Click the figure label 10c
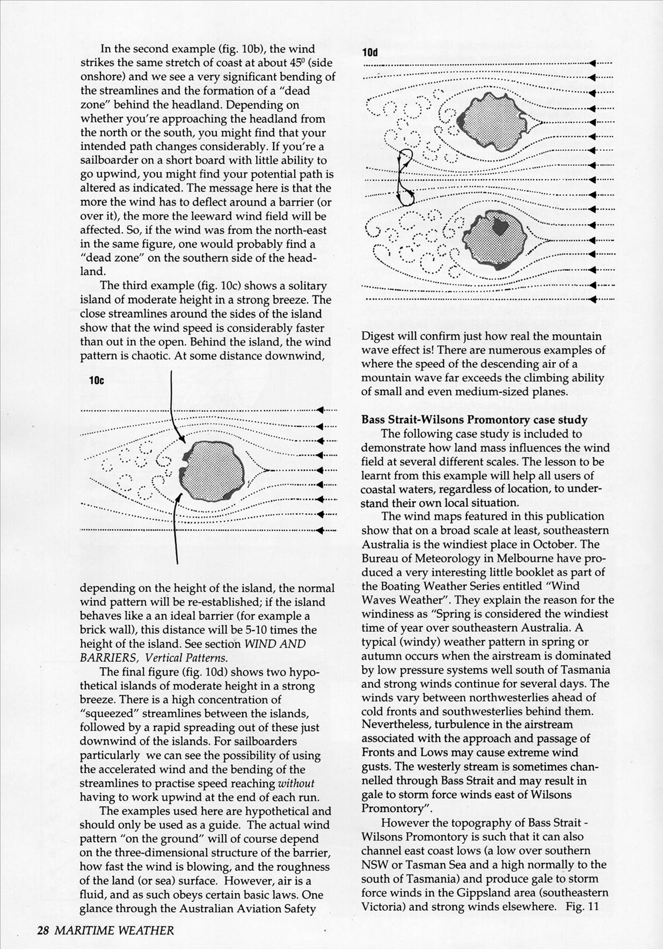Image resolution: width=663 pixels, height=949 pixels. pyautogui.click(x=97, y=381)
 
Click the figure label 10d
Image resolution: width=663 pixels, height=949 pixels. pyautogui.click(x=369, y=52)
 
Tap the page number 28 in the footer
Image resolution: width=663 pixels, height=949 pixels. pyautogui.click(x=43, y=930)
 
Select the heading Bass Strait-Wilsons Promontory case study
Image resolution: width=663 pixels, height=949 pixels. pyautogui.click(x=474, y=420)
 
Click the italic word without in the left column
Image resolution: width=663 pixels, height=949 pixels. pyautogui.click(x=296, y=783)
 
